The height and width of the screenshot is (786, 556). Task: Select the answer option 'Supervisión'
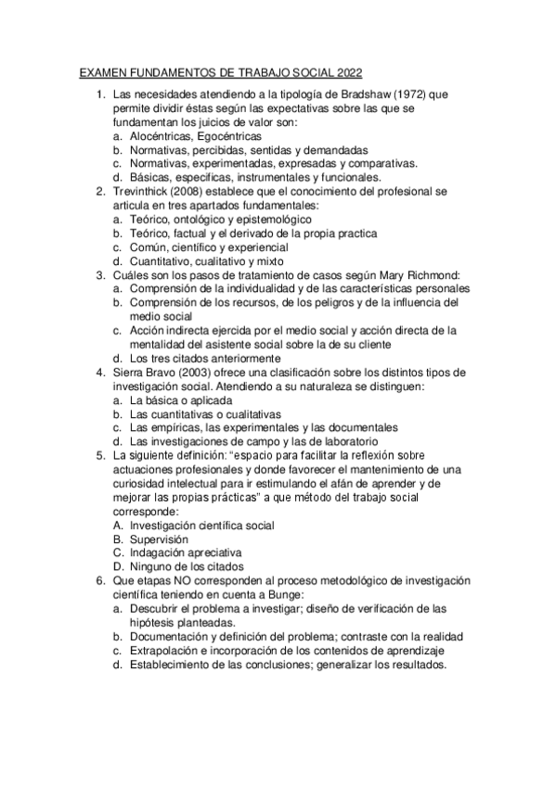coord(159,539)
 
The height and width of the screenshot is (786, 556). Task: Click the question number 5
coord(101,456)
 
